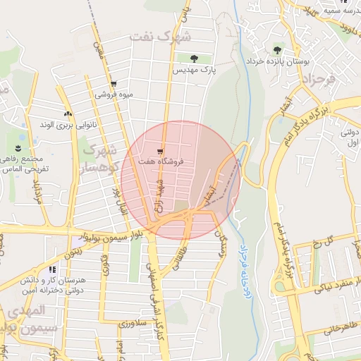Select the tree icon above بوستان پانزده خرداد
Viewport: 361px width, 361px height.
(x=276, y=49)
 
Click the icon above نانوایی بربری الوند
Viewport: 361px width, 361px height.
(x=68, y=114)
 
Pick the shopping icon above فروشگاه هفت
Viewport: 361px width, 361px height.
(x=161, y=151)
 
